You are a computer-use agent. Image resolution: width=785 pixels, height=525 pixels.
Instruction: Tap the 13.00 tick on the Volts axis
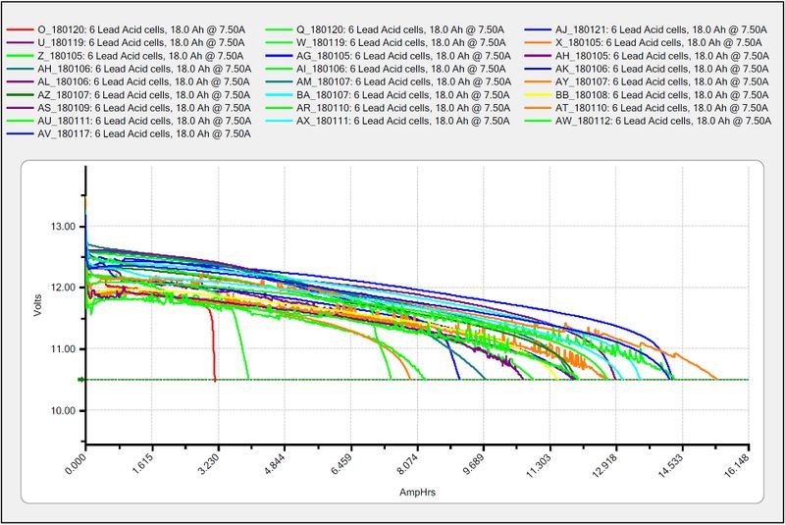click(x=61, y=226)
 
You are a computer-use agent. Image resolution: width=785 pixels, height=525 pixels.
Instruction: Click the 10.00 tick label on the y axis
click(x=61, y=410)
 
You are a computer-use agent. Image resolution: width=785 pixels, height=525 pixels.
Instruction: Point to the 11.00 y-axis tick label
click(x=61, y=348)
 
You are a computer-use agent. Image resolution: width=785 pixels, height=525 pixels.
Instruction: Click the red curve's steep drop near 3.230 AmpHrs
click(x=212, y=348)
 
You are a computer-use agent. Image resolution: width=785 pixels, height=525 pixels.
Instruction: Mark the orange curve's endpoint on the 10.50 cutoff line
click(x=716, y=379)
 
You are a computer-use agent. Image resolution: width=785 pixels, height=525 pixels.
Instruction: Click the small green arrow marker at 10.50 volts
click(x=80, y=379)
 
